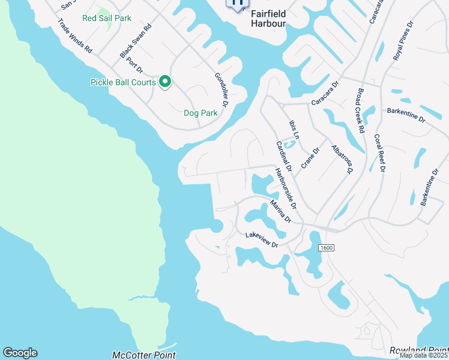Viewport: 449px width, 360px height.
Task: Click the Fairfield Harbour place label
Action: (x=268, y=18)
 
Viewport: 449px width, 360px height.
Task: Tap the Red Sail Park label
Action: (x=107, y=19)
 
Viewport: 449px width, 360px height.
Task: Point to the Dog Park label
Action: (x=200, y=113)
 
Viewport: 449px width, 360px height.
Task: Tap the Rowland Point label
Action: (x=418, y=350)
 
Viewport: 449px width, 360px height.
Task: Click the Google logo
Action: (x=20, y=353)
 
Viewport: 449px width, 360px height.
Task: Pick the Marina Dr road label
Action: (x=280, y=212)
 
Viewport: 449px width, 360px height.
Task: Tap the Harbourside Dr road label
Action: (x=286, y=188)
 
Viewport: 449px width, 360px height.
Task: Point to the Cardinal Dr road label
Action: (x=283, y=154)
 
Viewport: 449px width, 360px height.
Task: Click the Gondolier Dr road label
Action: (x=221, y=90)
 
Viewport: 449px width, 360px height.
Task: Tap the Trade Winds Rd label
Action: (x=75, y=35)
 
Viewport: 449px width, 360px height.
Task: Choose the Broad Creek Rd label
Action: (x=361, y=111)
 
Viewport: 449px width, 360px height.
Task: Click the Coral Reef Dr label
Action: (x=379, y=153)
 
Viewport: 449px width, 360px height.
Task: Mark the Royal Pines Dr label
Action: (x=403, y=41)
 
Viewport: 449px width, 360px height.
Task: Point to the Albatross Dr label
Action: (x=342, y=159)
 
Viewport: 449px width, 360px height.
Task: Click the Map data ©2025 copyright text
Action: (x=424, y=355)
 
